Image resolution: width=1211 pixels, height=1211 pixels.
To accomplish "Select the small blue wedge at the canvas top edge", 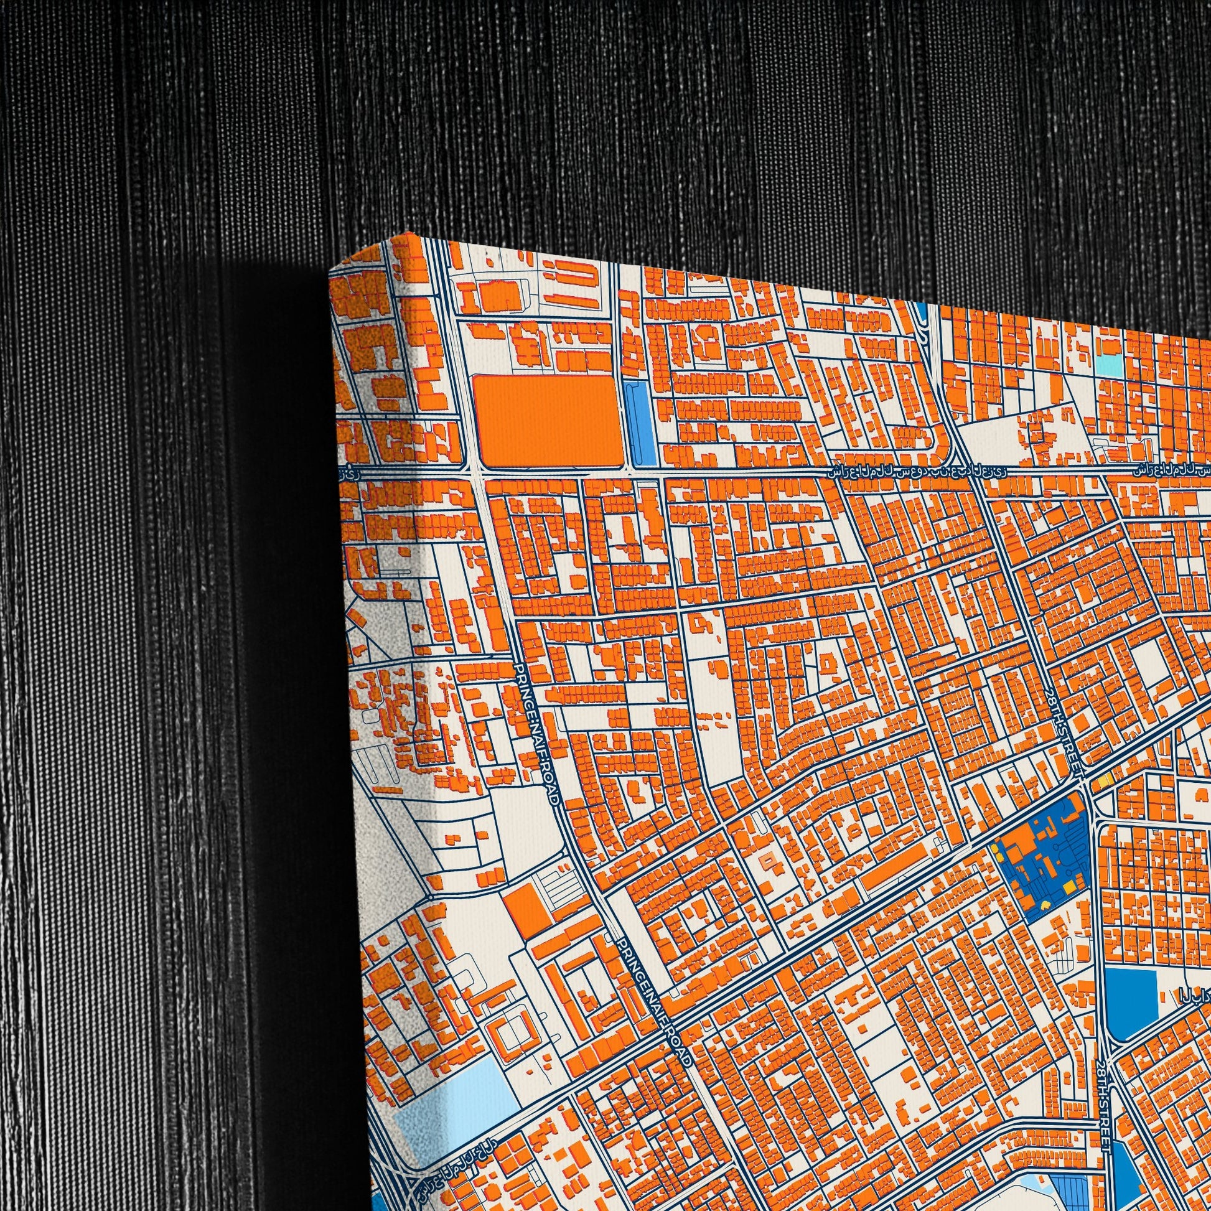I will click(923, 309).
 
